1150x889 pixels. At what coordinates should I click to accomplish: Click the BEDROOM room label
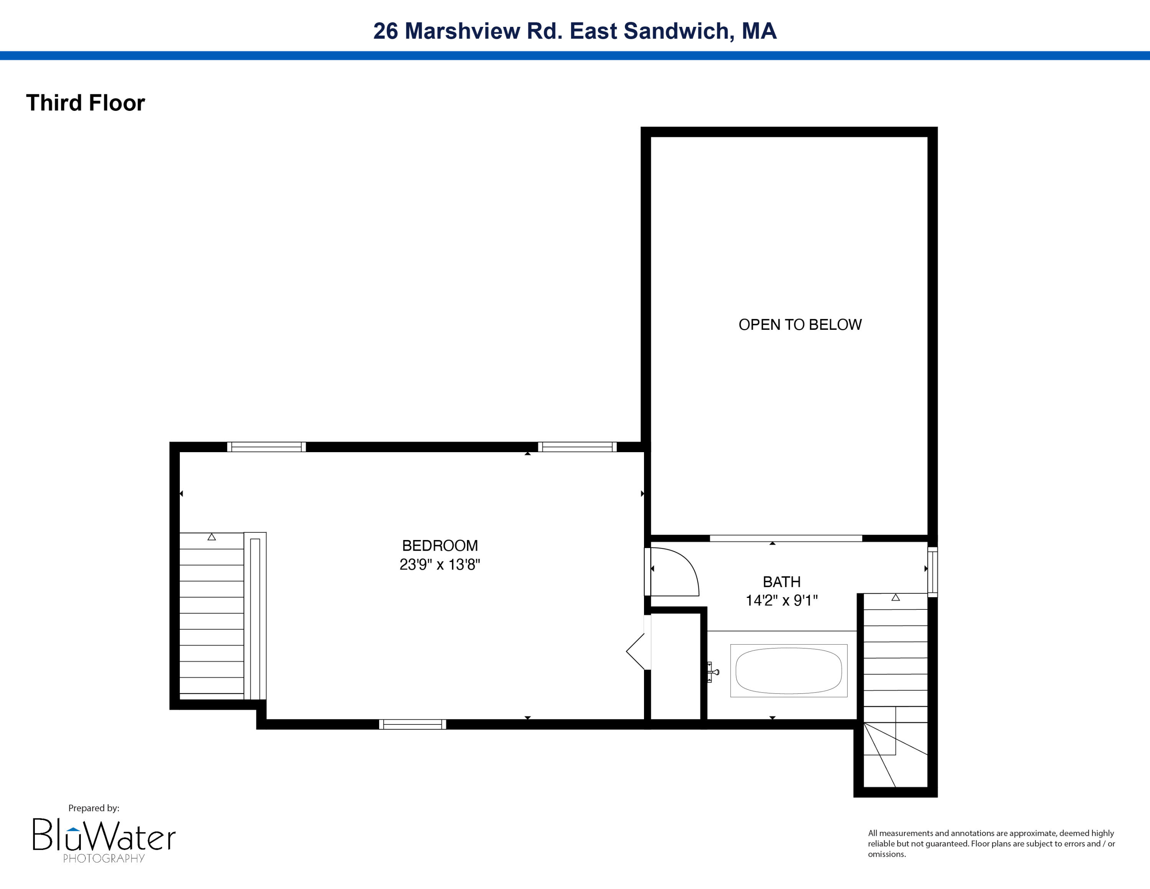(440, 546)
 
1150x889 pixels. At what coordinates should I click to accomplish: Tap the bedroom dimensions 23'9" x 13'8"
(440, 565)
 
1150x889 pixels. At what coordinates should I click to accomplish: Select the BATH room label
(781, 582)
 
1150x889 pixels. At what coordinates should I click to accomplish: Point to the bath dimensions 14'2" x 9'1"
(781, 600)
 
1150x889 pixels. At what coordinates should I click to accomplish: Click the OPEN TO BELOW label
(800, 325)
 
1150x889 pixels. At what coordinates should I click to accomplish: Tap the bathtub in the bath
(788, 671)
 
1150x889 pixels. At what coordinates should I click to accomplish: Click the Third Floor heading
(85, 103)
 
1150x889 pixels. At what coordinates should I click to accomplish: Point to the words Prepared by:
(94, 808)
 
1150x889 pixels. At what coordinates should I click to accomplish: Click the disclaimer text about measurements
(991, 843)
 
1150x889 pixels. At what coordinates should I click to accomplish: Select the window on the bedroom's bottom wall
(412, 724)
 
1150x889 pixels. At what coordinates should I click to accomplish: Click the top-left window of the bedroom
(266, 447)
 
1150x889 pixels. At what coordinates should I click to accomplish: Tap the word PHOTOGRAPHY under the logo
(104, 858)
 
